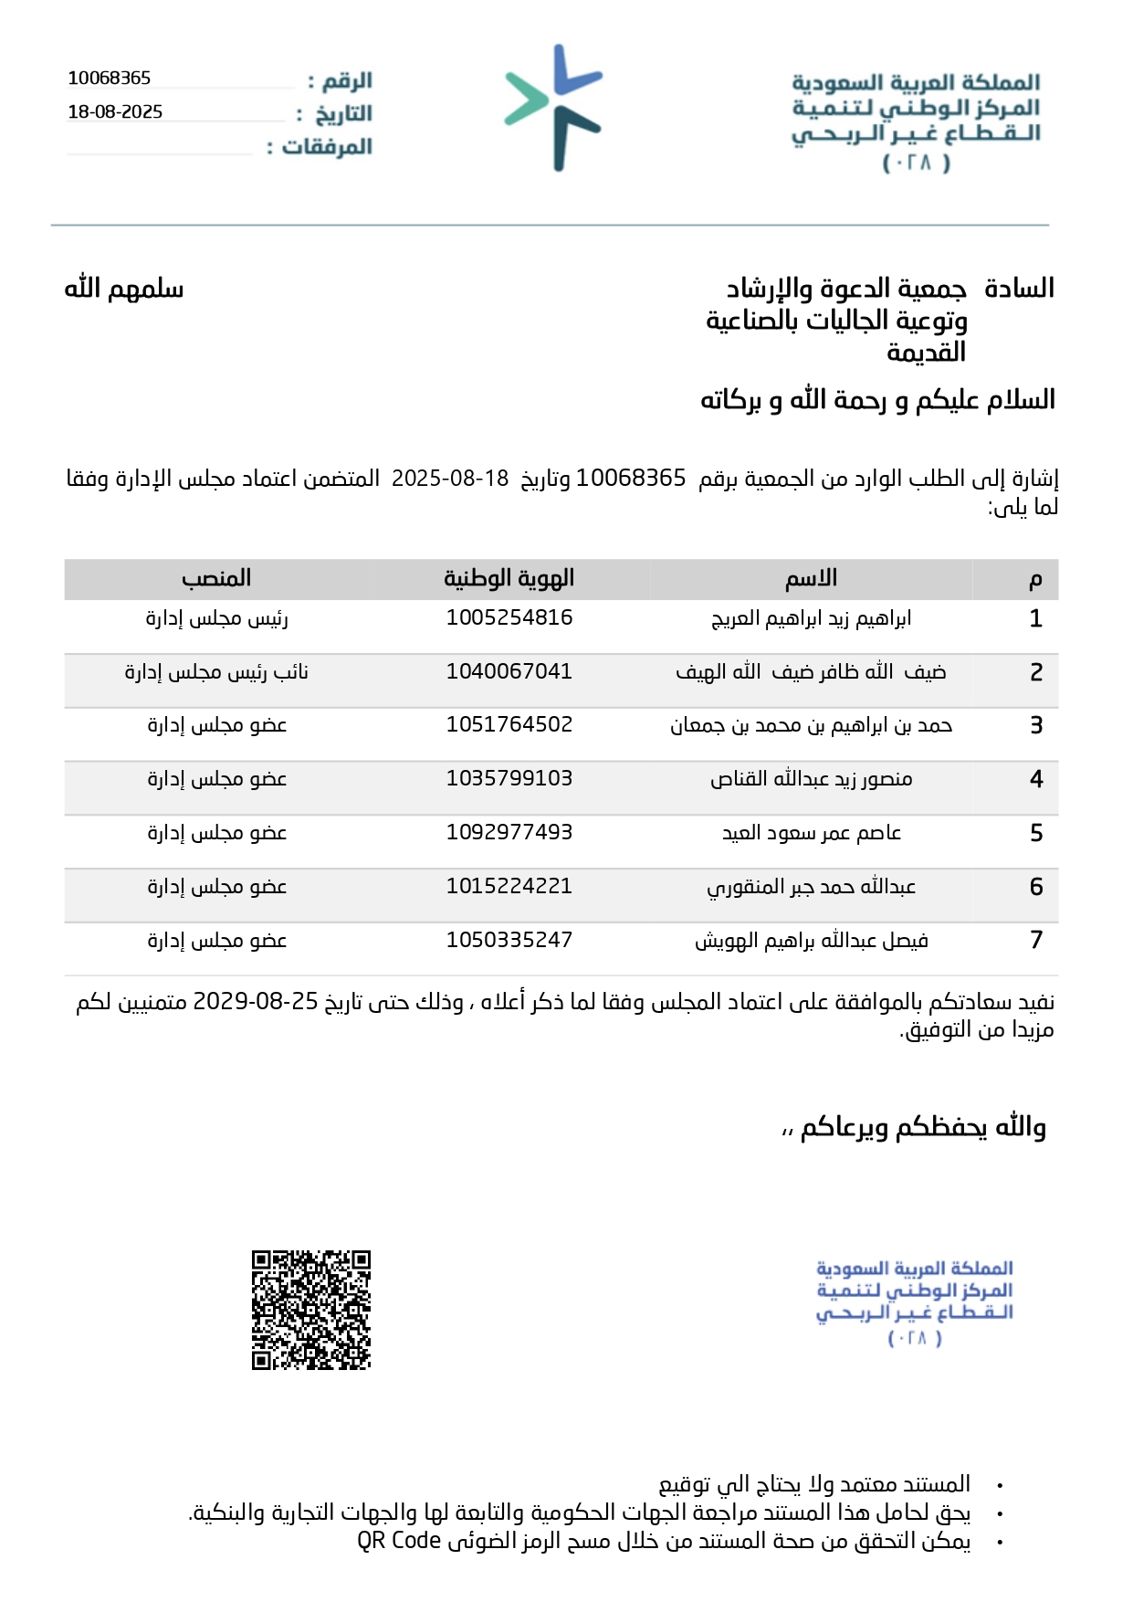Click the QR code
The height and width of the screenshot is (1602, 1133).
[311, 1310]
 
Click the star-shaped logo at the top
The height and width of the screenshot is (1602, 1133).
[553, 108]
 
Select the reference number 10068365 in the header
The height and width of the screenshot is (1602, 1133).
[110, 79]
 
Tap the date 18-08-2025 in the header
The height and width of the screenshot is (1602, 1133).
[115, 112]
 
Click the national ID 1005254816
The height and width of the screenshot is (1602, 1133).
[509, 617]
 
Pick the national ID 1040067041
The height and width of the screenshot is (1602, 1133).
[509, 671]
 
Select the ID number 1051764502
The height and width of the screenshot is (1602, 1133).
[509, 724]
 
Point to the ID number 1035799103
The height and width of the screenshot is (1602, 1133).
[509, 778]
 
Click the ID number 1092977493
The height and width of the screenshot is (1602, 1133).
[509, 832]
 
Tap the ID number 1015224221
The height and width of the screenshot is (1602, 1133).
[509, 886]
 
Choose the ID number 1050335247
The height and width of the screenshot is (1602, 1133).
[509, 940]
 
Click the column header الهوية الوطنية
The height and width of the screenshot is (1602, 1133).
[509, 578]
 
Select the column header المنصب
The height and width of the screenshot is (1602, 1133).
[216, 578]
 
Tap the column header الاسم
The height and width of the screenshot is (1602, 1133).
[811, 578]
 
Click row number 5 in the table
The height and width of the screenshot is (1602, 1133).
[1036, 833]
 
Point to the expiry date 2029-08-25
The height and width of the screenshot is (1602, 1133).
[256, 1002]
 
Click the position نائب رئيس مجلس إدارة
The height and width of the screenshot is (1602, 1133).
[216, 672]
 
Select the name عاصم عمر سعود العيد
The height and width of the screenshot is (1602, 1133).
[812, 833]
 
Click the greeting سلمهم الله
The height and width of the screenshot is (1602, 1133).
[124, 289]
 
